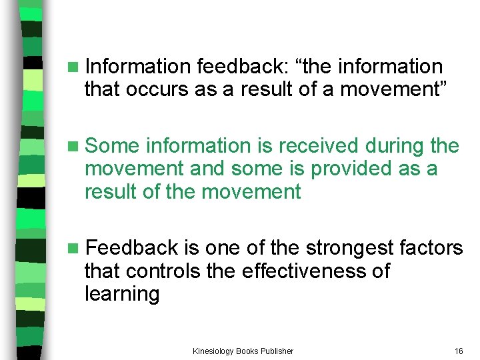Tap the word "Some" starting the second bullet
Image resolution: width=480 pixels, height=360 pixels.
click(113, 145)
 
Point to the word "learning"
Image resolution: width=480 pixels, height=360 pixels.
click(121, 295)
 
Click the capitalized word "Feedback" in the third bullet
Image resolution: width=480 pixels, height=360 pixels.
click(132, 248)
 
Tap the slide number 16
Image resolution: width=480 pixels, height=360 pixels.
click(458, 351)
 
